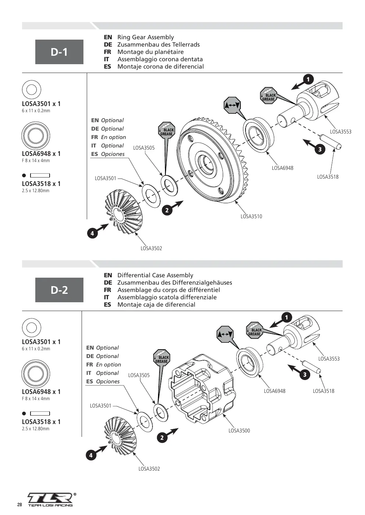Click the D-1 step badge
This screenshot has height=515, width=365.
(59, 52)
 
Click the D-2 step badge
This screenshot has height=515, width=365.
(59, 290)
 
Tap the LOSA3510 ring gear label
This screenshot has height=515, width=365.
(251, 216)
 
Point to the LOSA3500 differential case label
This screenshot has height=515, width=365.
(239, 431)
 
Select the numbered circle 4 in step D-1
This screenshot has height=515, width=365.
(92, 234)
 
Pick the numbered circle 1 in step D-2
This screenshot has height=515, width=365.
(286, 318)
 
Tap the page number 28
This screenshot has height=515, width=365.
(19, 505)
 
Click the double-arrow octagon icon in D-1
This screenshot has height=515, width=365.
(232, 105)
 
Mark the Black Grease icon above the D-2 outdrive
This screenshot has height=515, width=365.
(255, 330)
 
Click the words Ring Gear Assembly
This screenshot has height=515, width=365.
(146, 37)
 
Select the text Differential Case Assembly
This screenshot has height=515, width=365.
(155, 275)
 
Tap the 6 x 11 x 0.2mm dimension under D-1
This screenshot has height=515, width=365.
(36, 111)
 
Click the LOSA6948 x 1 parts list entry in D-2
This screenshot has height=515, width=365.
(41, 391)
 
